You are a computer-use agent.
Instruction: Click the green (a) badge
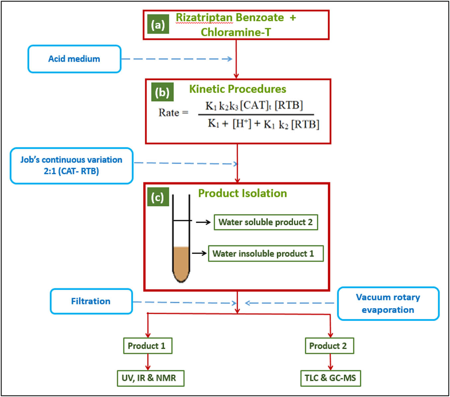point(158,25)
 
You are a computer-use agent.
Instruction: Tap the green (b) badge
point(162,92)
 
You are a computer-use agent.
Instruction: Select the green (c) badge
point(157,197)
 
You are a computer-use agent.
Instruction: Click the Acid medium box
point(74,59)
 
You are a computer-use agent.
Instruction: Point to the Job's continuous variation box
point(71,166)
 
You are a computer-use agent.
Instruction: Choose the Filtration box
point(91,301)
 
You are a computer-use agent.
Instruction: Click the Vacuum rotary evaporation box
point(388,303)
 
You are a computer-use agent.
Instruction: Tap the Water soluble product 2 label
point(265,222)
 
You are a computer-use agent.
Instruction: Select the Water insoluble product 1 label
point(265,254)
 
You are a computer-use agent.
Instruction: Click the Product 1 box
point(147,346)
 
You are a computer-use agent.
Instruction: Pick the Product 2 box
point(329,346)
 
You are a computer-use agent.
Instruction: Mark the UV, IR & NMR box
point(150,378)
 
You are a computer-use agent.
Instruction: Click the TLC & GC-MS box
point(330,378)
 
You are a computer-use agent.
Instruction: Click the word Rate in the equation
point(169,113)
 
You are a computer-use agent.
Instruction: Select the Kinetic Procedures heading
point(237,89)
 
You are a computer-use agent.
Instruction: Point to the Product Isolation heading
point(242,193)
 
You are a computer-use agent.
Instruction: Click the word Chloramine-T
point(236,32)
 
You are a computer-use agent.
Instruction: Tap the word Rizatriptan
point(204,18)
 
